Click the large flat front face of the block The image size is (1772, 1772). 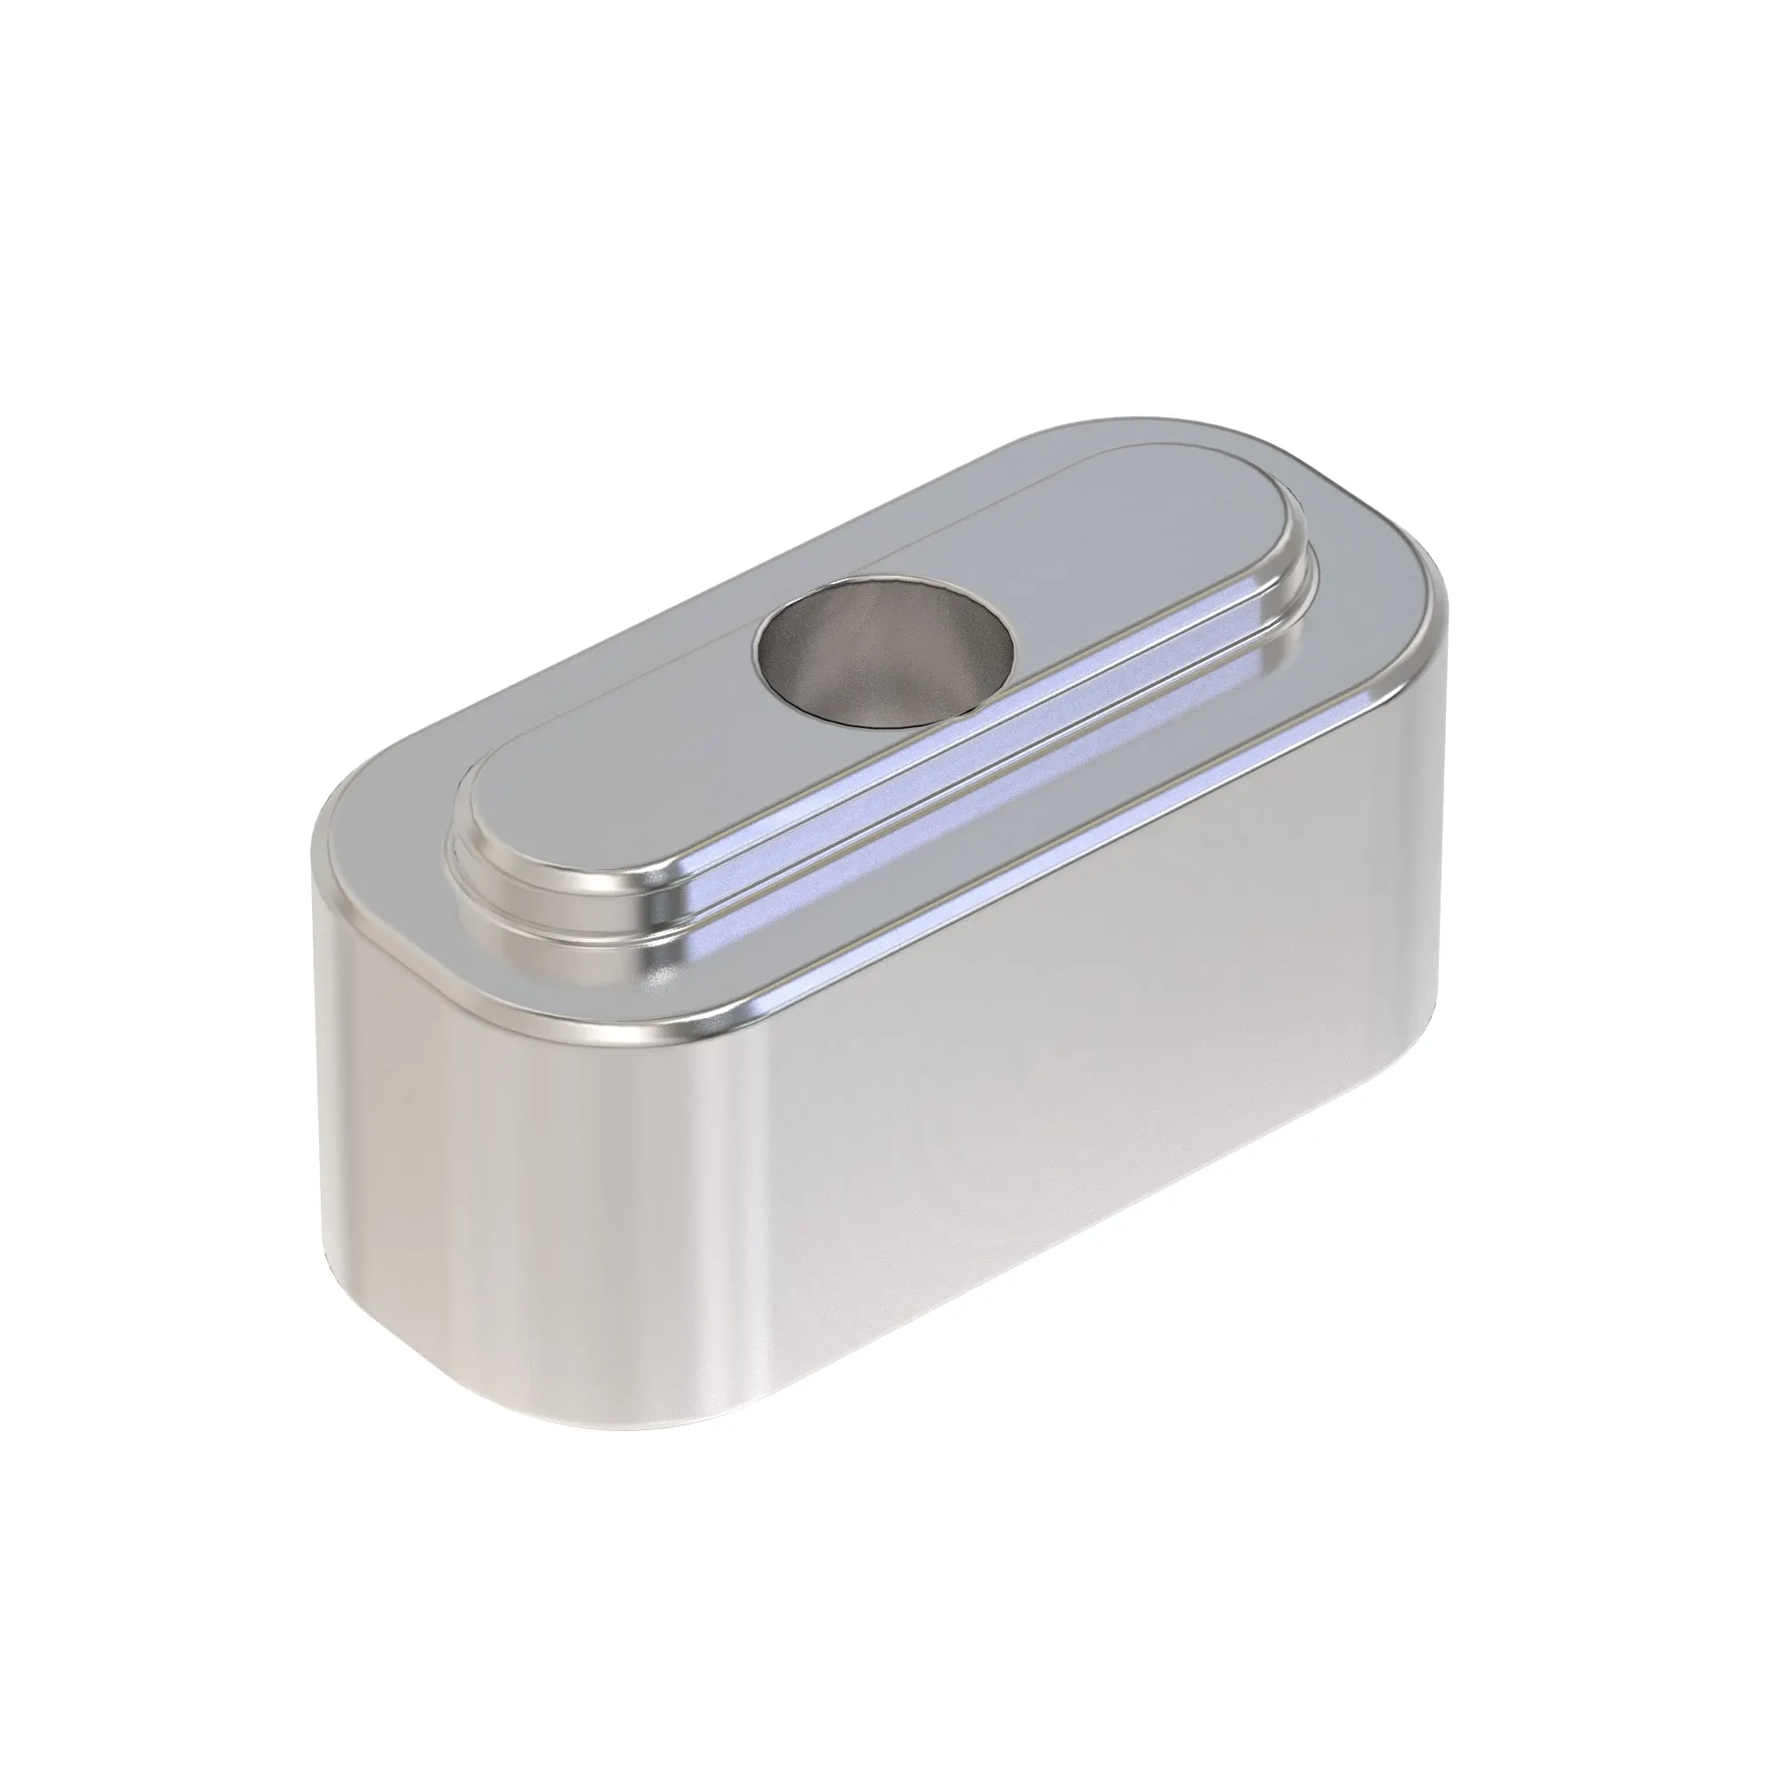pos(1054,1146)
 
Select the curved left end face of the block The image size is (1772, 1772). pos(385,1146)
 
